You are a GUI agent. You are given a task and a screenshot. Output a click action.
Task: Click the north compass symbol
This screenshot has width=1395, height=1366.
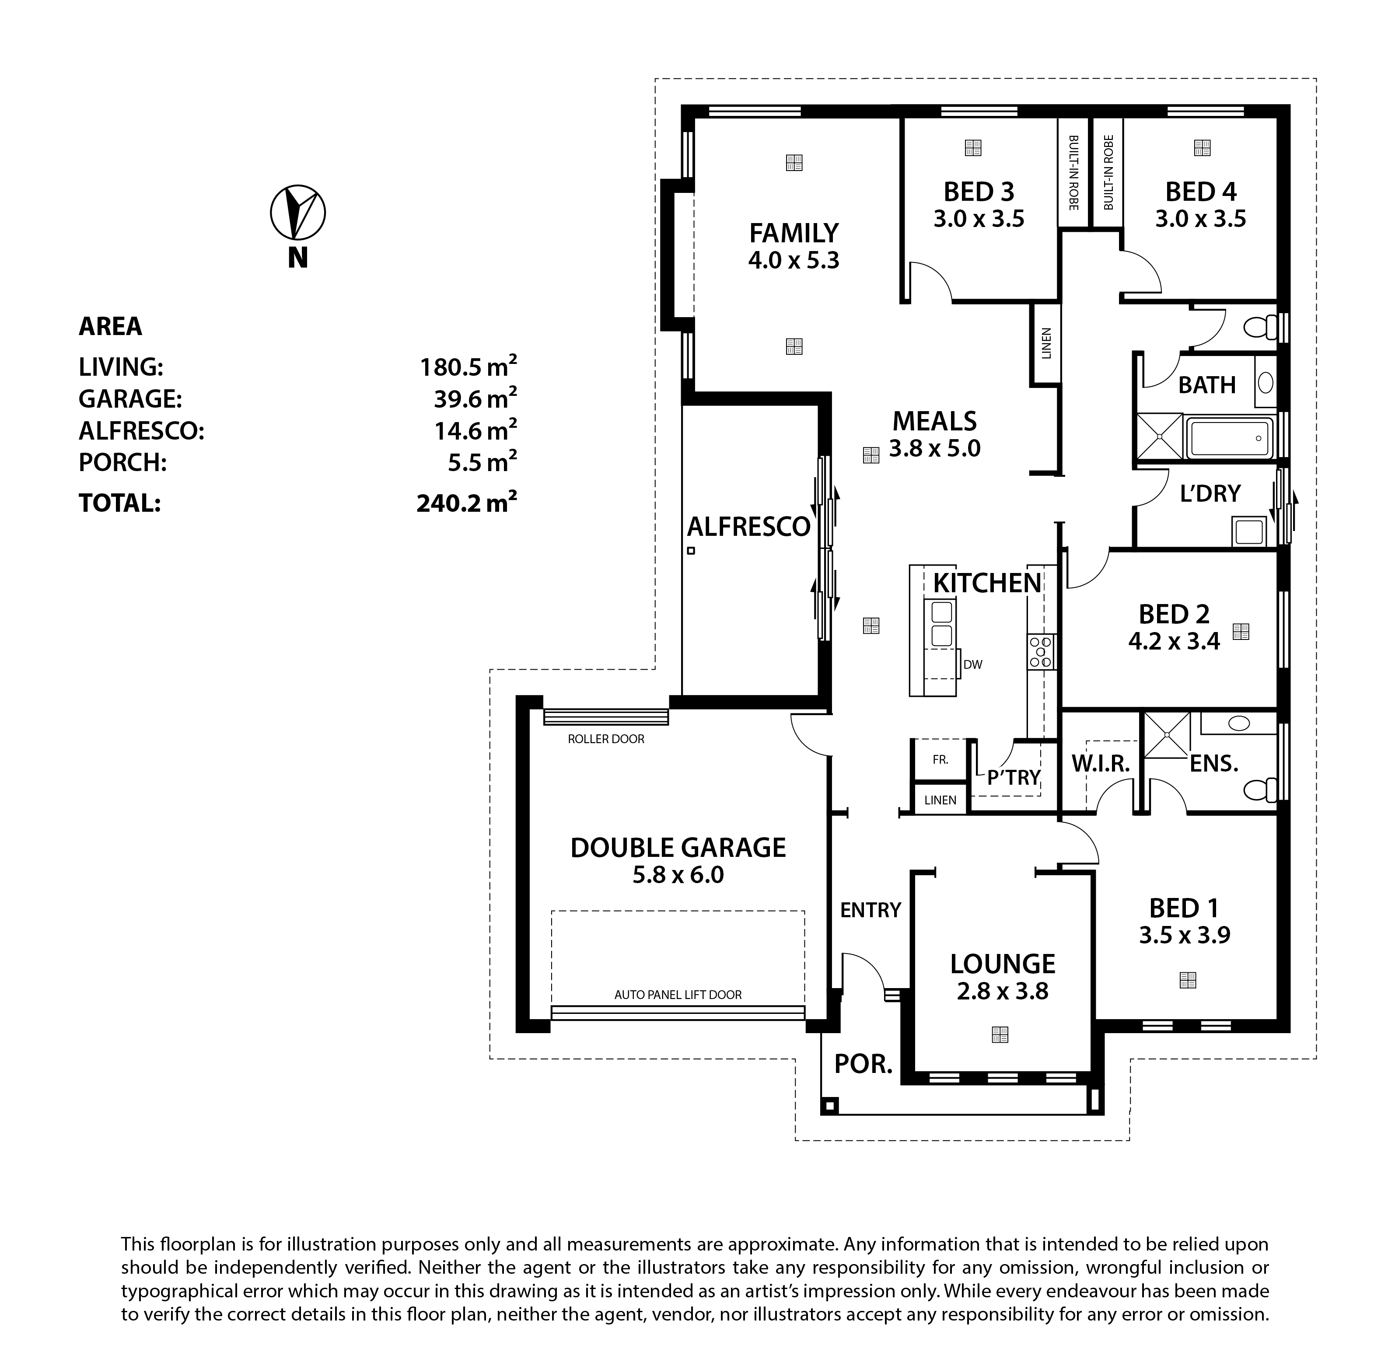[x=298, y=213]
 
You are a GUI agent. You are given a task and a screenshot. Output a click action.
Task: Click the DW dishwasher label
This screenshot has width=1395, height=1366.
[x=972, y=665]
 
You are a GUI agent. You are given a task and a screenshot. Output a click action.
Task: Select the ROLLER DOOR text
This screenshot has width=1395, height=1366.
[x=606, y=739]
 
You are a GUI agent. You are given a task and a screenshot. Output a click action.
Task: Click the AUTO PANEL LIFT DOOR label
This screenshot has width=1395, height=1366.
[x=678, y=995]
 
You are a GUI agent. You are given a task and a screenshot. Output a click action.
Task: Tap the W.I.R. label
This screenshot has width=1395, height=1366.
[x=1101, y=764]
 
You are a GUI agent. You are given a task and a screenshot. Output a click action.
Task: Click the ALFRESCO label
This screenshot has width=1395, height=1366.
[x=748, y=528]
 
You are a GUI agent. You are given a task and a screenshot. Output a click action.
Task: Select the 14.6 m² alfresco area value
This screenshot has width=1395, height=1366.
[x=475, y=430]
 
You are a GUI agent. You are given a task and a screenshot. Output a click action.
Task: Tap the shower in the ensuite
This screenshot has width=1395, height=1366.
[x=1166, y=735]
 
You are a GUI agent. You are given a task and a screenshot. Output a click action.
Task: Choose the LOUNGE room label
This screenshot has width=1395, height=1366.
[x=1003, y=964]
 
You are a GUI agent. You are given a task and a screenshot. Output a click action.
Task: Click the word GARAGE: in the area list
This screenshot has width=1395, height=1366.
[x=130, y=399]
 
